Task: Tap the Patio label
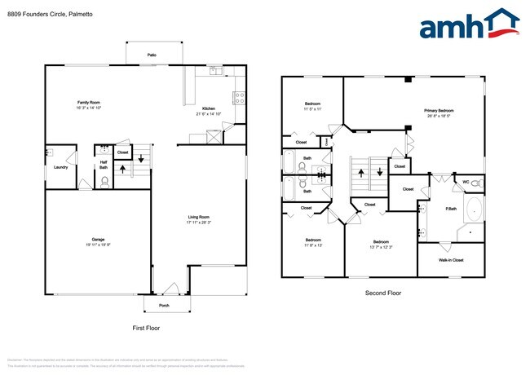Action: click(152, 55)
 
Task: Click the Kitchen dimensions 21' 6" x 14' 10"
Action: click(209, 113)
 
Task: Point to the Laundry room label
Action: click(60, 167)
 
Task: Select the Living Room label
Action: click(199, 216)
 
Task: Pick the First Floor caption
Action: click(146, 328)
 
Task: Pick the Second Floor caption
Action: click(382, 293)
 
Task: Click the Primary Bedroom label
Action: click(438, 110)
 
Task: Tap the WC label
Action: click(465, 182)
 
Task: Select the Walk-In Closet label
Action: click(451, 260)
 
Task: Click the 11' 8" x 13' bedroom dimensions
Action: click(312, 245)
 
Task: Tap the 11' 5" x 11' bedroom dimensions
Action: click(313, 108)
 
